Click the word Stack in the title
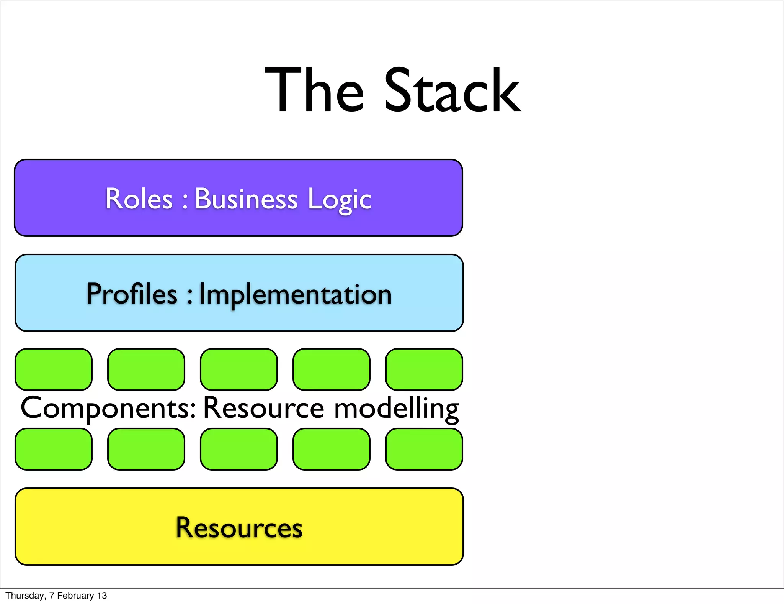pyautogui.click(x=452, y=90)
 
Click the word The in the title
pyautogui.click(x=314, y=90)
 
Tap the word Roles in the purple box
pyautogui.click(x=139, y=199)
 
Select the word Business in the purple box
pyautogui.click(x=246, y=199)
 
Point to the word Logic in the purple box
pyautogui.click(x=339, y=200)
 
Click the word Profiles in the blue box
pyautogui.click(x=132, y=294)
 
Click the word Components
pyautogui.click(x=108, y=408)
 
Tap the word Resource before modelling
pyautogui.click(x=264, y=408)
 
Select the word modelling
pyautogui.click(x=397, y=408)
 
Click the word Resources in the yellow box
pyautogui.click(x=239, y=528)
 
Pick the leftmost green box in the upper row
pyautogui.click(x=54, y=369)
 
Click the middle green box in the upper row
pyautogui.click(x=239, y=369)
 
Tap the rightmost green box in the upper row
pyautogui.click(x=424, y=369)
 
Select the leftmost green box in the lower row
pyautogui.click(x=54, y=449)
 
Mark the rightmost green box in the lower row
pyautogui.click(x=424, y=449)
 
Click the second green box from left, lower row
pyautogui.click(x=146, y=449)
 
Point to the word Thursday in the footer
pyautogui.click(x=25, y=596)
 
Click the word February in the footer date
pyautogui.click(x=75, y=596)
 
